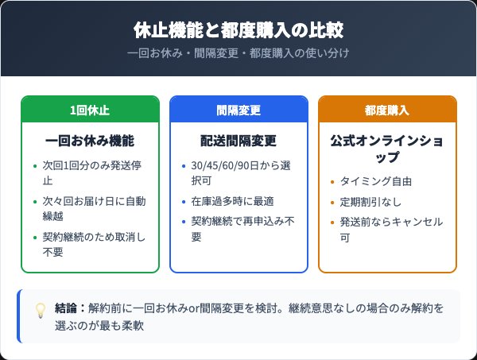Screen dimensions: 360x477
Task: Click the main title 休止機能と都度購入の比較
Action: [x=238, y=30]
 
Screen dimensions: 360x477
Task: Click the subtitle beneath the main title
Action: [x=238, y=53]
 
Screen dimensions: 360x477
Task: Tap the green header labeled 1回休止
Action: [x=90, y=110]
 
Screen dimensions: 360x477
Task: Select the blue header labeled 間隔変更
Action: [x=238, y=110]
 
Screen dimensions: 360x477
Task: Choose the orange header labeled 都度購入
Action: [x=387, y=110]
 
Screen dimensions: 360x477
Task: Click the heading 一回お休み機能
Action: [x=90, y=141]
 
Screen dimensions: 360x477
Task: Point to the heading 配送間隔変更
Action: [x=238, y=141]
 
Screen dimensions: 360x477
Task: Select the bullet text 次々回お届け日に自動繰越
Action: [x=94, y=208]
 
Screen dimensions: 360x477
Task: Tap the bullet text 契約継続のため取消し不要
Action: [x=94, y=244]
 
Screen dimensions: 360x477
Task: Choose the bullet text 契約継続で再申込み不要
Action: [x=242, y=229]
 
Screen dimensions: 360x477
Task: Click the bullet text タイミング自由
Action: [x=376, y=181]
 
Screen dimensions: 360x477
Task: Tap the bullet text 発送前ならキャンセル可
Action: [x=390, y=229]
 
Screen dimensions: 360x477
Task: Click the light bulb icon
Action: [x=40, y=311]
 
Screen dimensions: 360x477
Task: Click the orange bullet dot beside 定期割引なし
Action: [x=333, y=202]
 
